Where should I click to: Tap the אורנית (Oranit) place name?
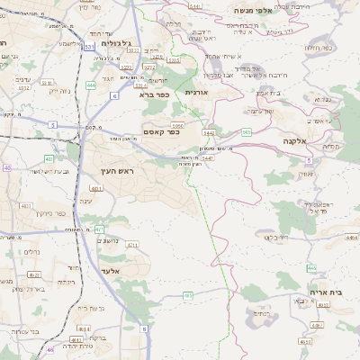pyautogui.click(x=196, y=92)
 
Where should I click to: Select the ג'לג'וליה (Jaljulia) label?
pyautogui.click(x=117, y=42)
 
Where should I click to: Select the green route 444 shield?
pyautogui.click(x=93, y=85)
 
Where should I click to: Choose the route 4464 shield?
pyautogui.click(x=350, y=238)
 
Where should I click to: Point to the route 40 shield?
pyautogui.click(x=8, y=167)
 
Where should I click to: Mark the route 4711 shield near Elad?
pyautogui.click(x=132, y=244)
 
